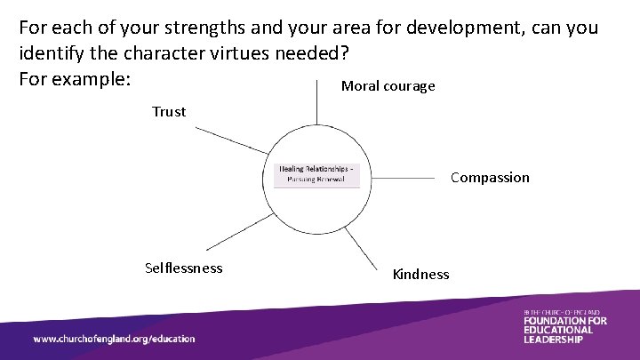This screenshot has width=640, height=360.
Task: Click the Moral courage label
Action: coord(388,86)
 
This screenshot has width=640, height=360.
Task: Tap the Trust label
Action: coord(169,112)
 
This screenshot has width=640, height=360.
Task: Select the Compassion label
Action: coord(490,178)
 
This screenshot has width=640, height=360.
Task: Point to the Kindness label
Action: coord(421,275)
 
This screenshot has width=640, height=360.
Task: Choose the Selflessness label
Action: coord(184,268)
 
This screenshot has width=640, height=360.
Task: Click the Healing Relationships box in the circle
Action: coord(316,174)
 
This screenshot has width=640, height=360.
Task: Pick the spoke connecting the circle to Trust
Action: coord(231,140)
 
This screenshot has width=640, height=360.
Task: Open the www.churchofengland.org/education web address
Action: coord(114,339)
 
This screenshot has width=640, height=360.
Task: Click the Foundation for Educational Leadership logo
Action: coord(564,327)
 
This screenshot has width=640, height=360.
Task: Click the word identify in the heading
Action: coord(52,52)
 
